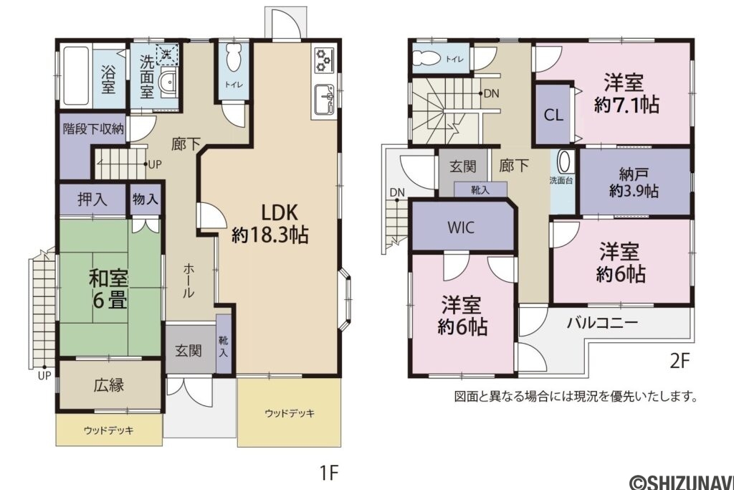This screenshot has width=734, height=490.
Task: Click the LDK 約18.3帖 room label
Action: [x=270, y=223]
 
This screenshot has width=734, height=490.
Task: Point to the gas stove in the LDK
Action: [x=324, y=60]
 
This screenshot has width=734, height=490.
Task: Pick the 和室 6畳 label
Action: [x=109, y=288]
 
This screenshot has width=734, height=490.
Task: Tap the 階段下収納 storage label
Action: [x=93, y=129]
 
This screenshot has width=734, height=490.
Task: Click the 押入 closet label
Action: [x=93, y=199]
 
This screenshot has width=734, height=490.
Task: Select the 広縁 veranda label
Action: [x=109, y=385]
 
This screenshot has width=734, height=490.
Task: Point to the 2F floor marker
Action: [x=679, y=361]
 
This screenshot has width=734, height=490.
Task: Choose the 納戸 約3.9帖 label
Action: [x=634, y=182]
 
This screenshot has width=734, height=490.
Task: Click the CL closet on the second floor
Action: [x=553, y=115]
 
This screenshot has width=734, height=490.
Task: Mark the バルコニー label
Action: [x=602, y=322]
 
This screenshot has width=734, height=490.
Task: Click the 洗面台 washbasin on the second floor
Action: [x=563, y=164]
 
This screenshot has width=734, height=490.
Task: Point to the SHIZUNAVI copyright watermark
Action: [x=680, y=481]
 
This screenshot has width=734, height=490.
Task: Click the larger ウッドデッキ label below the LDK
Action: [x=289, y=413]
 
